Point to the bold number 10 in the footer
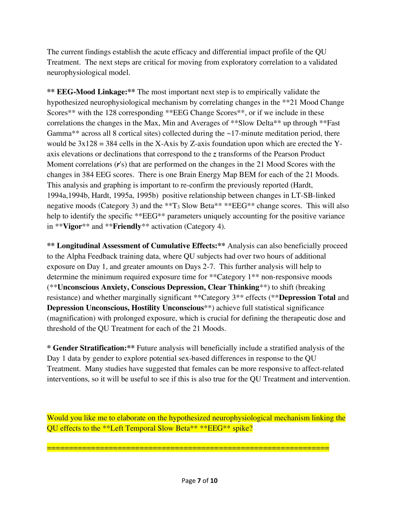214,480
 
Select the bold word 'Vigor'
72,227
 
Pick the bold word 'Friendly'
127,227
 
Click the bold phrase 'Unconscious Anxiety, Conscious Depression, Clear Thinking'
158,287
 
